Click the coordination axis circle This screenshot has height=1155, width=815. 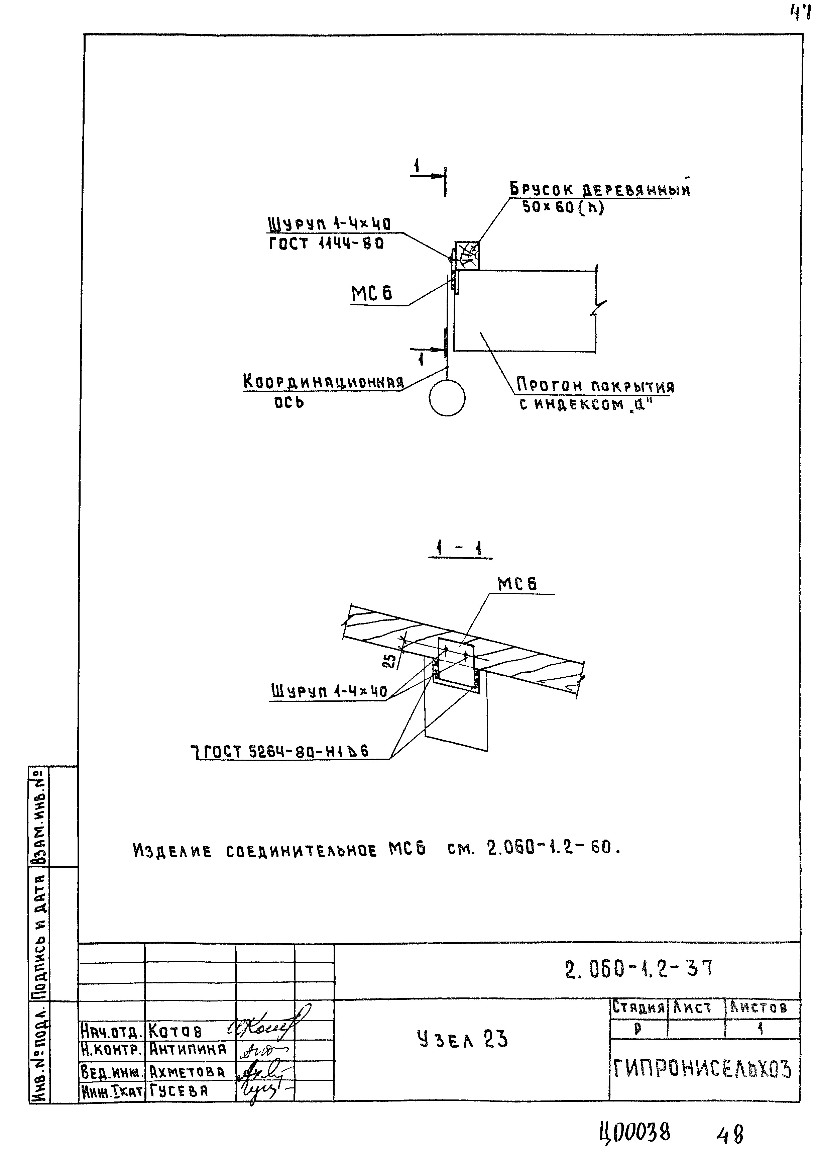point(447,398)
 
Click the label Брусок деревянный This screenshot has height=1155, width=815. point(599,190)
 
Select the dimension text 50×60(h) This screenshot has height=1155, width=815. point(563,207)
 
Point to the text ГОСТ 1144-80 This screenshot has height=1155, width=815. point(326,244)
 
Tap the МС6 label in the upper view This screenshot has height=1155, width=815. point(371,294)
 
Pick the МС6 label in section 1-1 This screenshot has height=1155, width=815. point(517,584)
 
